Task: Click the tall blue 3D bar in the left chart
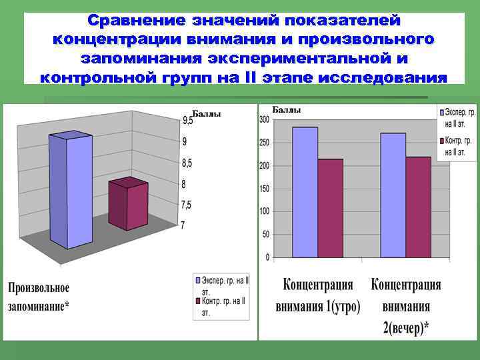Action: click(70, 190)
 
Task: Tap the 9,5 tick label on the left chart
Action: click(188, 121)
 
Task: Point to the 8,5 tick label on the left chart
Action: click(188, 163)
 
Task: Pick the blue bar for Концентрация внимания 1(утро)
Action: click(305, 192)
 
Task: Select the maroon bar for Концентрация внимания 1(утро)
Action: click(330, 208)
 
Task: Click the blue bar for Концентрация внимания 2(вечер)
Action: click(393, 195)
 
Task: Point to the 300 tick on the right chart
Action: click(264, 120)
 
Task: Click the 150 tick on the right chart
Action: click(264, 189)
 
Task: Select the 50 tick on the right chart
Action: click(265, 235)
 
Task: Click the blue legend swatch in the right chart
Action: click(441, 111)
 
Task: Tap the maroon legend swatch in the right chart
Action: click(441, 141)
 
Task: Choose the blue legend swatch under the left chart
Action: click(198, 280)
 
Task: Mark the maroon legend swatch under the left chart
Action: click(198, 301)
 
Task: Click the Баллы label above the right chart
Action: click(286, 109)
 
